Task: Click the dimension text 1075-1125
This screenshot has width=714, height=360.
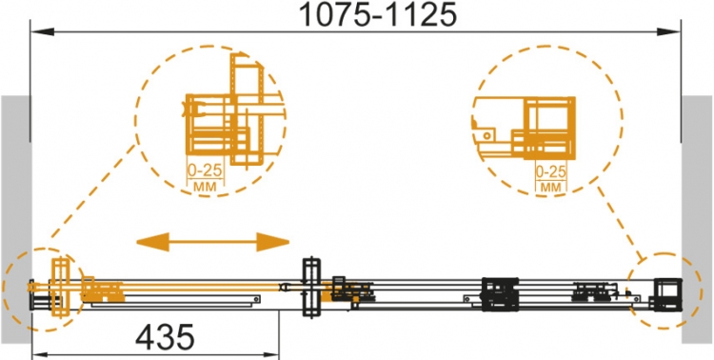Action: [x=377, y=15]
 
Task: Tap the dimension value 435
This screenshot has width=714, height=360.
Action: [x=166, y=338]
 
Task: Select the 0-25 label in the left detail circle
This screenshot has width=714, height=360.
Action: [x=205, y=170]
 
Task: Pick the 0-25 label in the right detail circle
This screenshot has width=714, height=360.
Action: [x=551, y=171]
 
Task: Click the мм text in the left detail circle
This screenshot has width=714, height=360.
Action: [x=206, y=187]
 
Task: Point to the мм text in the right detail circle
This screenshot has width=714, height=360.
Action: [x=551, y=187]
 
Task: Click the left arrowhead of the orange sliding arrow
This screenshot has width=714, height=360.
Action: [x=152, y=242]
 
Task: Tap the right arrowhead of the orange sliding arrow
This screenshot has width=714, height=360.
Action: [x=273, y=242]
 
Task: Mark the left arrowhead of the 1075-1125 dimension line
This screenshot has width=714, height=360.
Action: [x=42, y=31]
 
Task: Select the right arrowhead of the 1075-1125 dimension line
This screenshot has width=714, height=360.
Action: [x=668, y=31]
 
